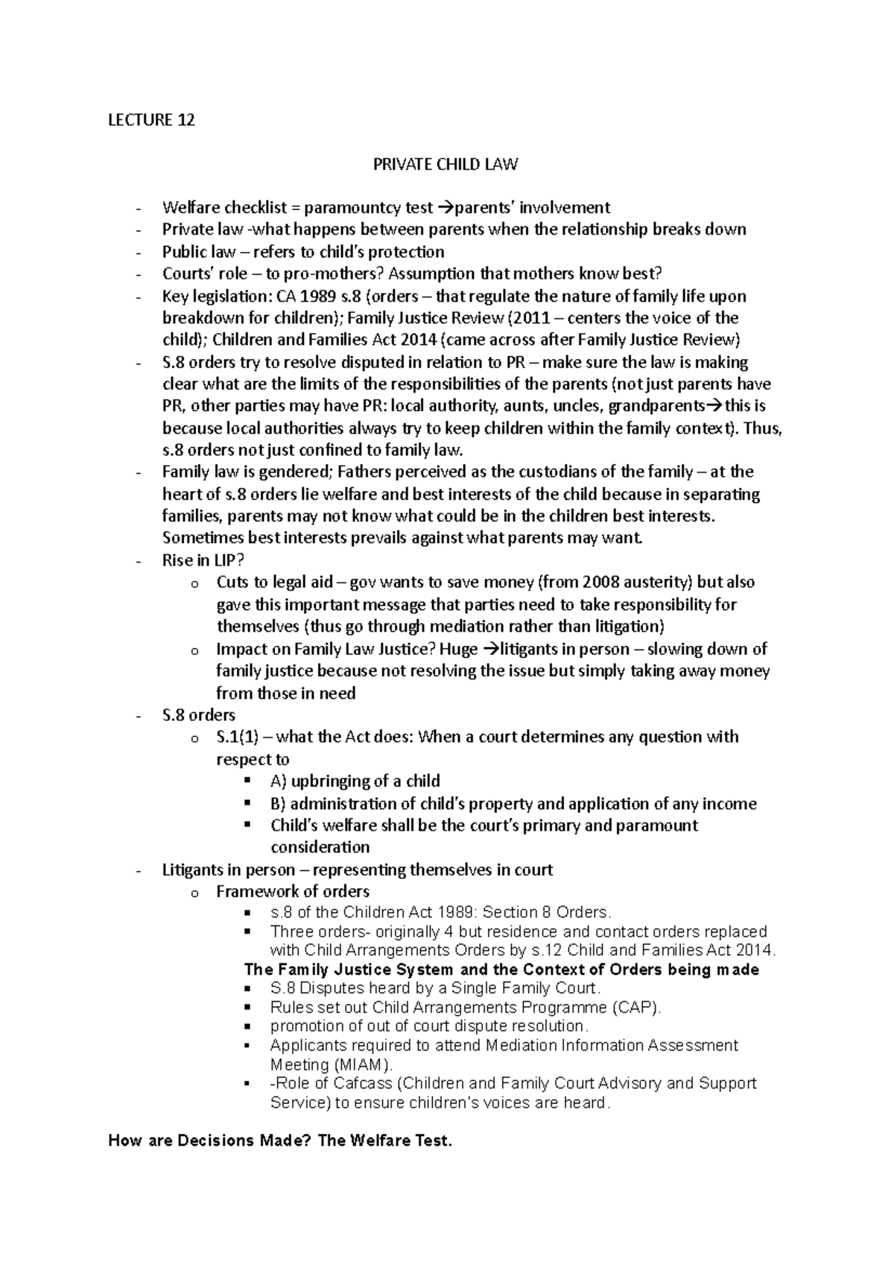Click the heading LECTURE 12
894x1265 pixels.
[x=151, y=119]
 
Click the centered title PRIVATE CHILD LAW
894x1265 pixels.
[x=446, y=163]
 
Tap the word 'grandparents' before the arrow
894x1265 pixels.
[x=656, y=406]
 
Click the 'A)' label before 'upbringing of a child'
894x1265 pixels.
[x=278, y=781]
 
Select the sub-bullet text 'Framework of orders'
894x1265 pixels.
[x=293, y=891]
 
